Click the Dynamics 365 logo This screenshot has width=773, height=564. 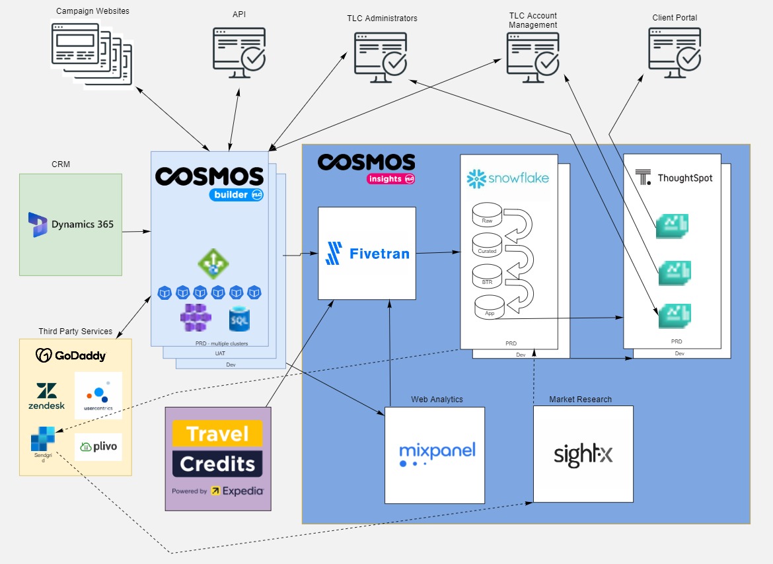(71, 224)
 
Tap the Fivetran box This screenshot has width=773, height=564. (367, 253)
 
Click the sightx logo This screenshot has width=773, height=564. (583, 455)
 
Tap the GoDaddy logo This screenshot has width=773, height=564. (71, 355)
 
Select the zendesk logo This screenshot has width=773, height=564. (46, 396)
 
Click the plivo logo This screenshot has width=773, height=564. (98, 447)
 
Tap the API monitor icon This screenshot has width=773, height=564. (239, 55)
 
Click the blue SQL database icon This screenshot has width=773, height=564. (239, 319)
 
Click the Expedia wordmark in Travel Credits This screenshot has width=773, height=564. (242, 491)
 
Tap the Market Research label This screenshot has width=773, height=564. (580, 400)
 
